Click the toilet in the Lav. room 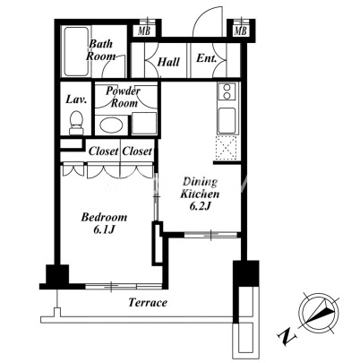76,123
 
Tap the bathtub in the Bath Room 76,51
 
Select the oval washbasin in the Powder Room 111,125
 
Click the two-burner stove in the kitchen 227,91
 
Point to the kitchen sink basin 227,120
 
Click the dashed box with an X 227,148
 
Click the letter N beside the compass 287,335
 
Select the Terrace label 148,303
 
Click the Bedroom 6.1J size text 104,229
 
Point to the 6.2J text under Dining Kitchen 201,206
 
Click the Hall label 168,62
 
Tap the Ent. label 206,58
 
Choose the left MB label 144,30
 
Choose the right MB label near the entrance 240,30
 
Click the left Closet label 103,151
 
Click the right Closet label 137,151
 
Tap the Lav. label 76,99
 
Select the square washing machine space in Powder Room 144,124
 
